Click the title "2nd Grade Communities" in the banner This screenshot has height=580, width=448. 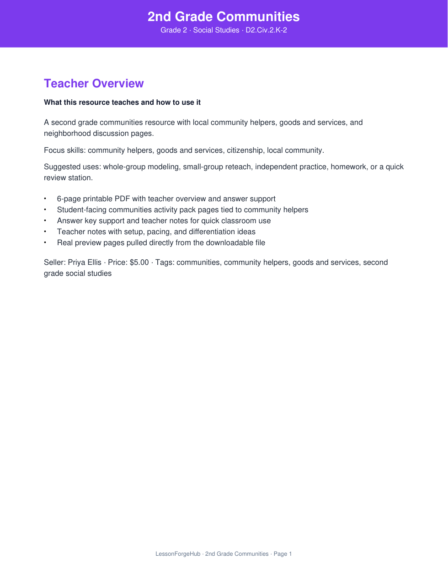point(224,17)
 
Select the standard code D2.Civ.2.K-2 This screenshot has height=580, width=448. point(266,30)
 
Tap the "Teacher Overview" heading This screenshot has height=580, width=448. point(94,83)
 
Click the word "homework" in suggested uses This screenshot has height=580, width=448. point(349,167)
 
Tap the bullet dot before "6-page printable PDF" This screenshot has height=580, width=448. point(45,199)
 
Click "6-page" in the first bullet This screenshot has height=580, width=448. point(69,199)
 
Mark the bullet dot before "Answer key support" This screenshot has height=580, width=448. point(45,221)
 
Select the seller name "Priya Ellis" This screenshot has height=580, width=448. point(85,263)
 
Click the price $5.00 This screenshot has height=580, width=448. point(139,263)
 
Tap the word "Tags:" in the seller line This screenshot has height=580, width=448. point(165,263)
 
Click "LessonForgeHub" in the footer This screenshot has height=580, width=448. point(178,554)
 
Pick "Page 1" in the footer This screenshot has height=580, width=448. point(283,554)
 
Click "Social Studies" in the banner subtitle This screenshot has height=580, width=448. point(216,30)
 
